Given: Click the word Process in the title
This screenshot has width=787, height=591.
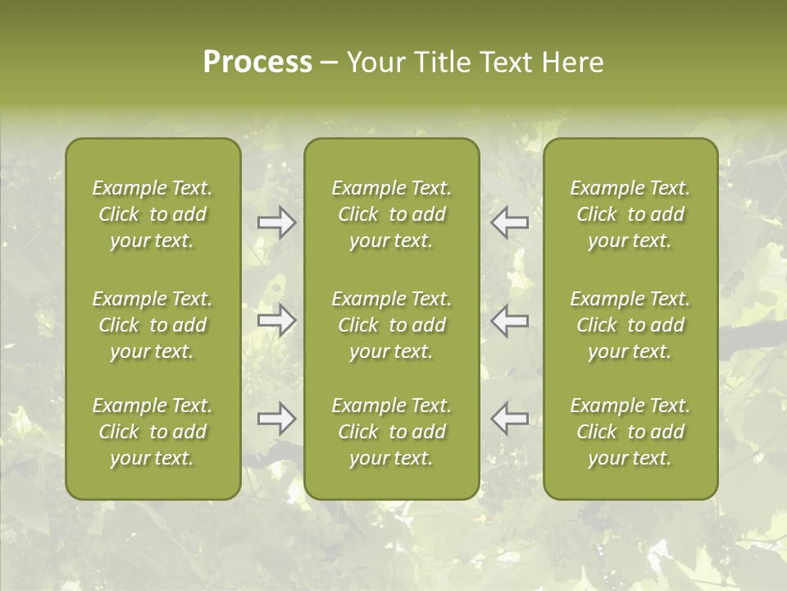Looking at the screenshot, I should [257, 62].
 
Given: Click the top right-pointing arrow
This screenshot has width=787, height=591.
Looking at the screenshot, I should [277, 222].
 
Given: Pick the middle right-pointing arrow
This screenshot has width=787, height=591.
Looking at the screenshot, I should [277, 320].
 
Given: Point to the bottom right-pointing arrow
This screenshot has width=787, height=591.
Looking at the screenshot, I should [277, 419].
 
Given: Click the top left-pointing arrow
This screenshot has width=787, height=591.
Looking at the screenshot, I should [509, 222].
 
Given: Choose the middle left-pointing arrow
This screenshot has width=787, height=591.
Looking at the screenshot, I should [509, 320].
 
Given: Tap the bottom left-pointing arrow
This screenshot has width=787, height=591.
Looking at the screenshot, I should [509, 419].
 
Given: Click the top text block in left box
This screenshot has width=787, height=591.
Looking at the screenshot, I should [152, 214].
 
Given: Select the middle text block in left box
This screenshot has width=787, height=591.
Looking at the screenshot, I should [152, 325].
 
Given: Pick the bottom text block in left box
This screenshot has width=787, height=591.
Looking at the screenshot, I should [152, 432].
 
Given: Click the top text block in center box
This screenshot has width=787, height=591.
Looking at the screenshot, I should [391, 214].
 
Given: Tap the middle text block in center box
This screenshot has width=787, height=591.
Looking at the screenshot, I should [391, 325].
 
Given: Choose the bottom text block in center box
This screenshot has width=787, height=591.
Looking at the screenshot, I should [391, 432].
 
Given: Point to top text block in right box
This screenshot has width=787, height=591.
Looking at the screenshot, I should [630, 214].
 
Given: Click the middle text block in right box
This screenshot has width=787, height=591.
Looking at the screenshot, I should [630, 325].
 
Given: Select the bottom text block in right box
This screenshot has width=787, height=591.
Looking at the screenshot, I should [630, 432].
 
